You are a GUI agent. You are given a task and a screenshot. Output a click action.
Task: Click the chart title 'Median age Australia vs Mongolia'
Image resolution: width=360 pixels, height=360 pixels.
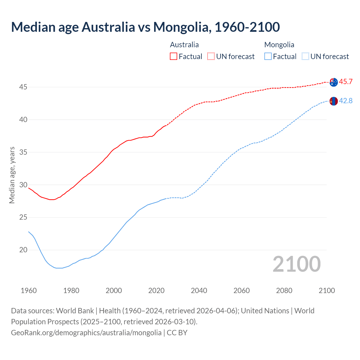(145, 27)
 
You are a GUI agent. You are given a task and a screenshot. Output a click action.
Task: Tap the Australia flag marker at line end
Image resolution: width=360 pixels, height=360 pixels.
(334, 82)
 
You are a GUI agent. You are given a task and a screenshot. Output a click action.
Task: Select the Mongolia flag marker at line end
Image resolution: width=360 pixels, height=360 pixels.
(334, 101)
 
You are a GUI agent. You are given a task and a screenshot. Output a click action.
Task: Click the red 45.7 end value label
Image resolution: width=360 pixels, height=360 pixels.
(346, 82)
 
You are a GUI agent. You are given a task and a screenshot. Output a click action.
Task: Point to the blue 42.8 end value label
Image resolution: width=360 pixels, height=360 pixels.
(346, 101)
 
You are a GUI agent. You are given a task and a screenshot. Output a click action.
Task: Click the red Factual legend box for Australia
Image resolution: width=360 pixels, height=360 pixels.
(174, 57)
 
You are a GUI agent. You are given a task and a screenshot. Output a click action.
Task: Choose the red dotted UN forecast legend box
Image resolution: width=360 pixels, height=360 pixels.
(211, 57)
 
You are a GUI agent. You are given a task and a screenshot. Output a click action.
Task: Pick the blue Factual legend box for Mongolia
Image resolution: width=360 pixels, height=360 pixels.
(268, 57)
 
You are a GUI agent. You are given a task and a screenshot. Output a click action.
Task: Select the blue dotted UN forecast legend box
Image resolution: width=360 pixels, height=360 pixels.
(305, 57)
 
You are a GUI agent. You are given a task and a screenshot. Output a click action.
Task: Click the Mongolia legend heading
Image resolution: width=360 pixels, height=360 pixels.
(279, 45)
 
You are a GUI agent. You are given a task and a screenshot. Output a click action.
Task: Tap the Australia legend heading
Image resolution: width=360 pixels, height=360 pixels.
(184, 45)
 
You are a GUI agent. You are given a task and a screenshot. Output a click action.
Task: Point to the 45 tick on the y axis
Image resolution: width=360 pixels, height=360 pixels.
(23, 87)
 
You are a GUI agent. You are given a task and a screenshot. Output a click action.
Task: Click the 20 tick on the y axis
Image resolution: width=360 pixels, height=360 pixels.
(23, 250)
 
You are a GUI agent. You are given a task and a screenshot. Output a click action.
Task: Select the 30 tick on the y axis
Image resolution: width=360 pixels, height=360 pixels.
(23, 185)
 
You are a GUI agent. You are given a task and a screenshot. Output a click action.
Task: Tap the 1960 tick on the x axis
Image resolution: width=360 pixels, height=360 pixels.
(29, 291)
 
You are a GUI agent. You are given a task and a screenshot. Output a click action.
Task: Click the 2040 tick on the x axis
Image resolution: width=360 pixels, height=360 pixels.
(199, 291)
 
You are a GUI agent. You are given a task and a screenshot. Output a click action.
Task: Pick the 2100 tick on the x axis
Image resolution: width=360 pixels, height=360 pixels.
(327, 291)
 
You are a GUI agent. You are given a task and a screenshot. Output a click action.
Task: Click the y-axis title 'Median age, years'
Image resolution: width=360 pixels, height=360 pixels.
(12, 175)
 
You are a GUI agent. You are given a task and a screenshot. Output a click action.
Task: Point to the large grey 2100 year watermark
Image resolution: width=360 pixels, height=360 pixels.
(296, 264)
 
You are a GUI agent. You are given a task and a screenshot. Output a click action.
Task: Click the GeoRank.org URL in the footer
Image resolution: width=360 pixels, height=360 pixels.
(86, 333)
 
